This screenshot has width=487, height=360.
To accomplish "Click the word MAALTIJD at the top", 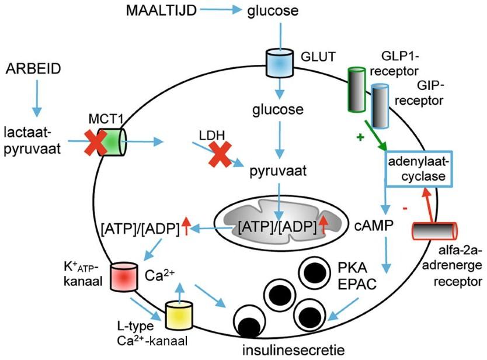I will tap(161, 11).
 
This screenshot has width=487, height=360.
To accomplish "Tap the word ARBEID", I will tap(34, 68).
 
